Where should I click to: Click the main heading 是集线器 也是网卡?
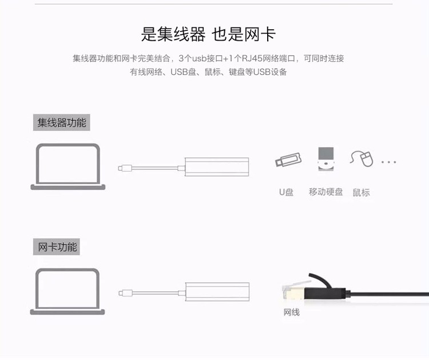[208, 34]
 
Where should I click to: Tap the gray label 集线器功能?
[62, 122]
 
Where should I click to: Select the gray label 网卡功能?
[57, 247]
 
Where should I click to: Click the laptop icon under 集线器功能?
[68, 167]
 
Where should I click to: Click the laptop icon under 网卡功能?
[67, 291]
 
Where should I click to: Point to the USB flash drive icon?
[288, 160]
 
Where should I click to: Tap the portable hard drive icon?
[326, 159]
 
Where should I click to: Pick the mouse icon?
[362, 159]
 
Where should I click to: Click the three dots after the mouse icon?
[389, 162]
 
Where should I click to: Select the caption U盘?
[286, 192]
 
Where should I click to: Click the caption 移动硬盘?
[325, 192]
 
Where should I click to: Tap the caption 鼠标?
[361, 192]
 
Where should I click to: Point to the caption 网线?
[291, 312]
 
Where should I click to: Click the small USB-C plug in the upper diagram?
[125, 168]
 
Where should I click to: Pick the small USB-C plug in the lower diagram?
[126, 293]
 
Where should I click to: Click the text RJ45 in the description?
[252, 58]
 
